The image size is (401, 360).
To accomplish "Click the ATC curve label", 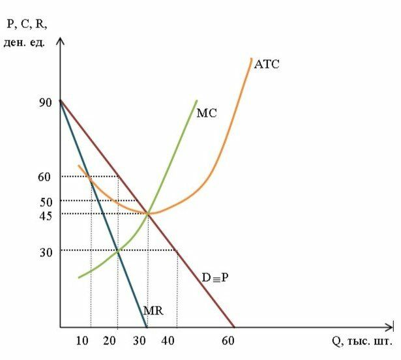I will pos(267,64).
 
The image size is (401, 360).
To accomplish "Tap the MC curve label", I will pos(206,112).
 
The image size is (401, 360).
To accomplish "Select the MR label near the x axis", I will pos(153,312).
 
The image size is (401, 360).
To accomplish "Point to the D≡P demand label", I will pos(215,277).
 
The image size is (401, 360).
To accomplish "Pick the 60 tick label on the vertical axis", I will pos(44,176).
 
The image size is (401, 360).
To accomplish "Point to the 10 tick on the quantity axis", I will pos(83,341).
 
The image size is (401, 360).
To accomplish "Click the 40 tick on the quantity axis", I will pos(169,341).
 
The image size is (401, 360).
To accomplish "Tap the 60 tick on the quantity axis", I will pos(228,341).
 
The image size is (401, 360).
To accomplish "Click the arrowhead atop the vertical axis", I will pos(60,40).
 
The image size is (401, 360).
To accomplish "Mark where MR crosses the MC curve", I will pos(117,250).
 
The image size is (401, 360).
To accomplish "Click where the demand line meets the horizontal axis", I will pos(234,327).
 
